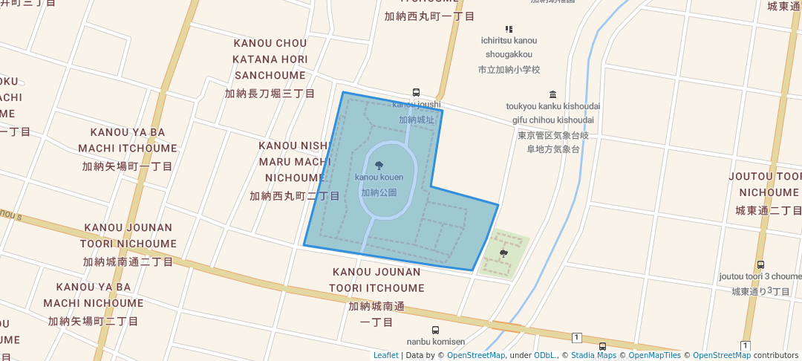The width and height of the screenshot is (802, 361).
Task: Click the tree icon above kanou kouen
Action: (379, 166)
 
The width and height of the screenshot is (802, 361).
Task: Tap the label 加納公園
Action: (379, 192)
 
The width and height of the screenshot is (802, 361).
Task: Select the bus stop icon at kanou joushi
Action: (416, 93)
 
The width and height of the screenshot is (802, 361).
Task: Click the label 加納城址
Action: (416, 120)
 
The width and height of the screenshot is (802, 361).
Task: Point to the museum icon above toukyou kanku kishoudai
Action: (552, 94)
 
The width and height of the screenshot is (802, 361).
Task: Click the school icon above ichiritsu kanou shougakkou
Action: (509, 29)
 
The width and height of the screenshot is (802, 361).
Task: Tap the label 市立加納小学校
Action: (509, 69)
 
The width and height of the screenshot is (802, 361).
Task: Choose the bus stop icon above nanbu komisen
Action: (435, 330)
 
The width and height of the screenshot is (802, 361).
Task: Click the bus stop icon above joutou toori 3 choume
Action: (760, 264)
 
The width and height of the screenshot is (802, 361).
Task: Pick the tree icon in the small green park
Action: (504, 253)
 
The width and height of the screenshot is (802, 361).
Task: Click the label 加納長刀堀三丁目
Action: (270, 94)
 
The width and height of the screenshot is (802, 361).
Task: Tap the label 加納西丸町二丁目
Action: (295, 196)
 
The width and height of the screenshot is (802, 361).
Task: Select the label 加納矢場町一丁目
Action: (128, 166)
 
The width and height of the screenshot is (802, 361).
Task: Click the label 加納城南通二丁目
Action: (128, 262)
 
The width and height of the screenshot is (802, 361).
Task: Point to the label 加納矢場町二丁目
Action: (94, 322)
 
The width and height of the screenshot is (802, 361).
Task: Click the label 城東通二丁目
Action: (768, 211)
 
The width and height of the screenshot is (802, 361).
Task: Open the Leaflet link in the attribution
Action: (385, 355)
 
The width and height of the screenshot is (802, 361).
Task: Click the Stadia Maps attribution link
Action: (593, 355)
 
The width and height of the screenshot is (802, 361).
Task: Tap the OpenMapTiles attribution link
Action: (651, 355)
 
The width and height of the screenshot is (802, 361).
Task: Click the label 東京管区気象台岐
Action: (553, 135)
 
